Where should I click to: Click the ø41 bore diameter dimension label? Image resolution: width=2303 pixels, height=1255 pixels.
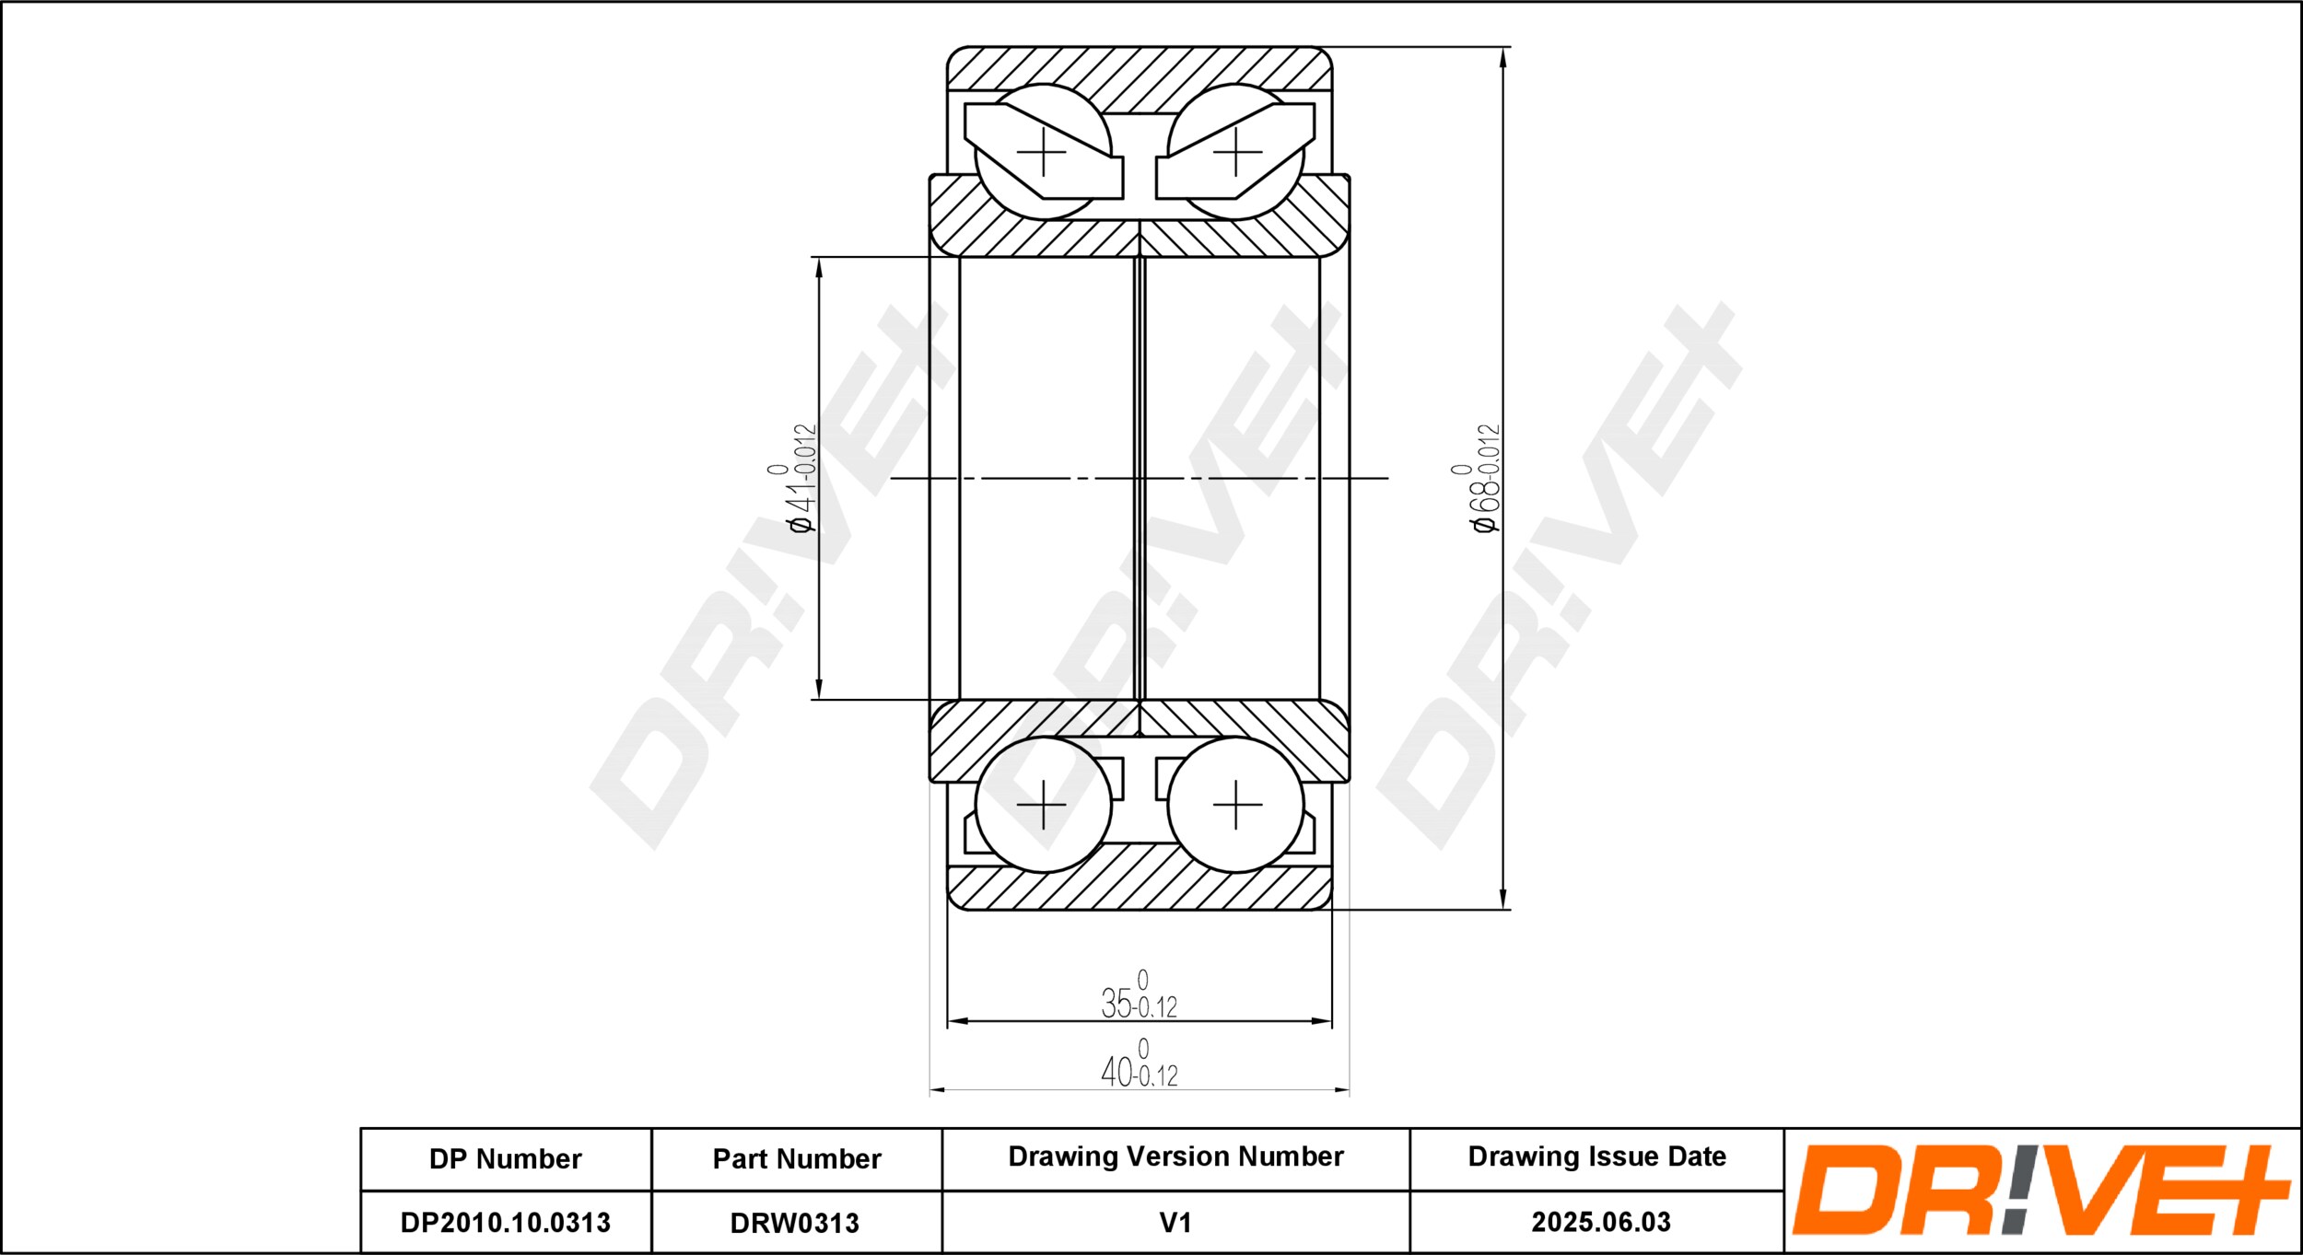[x=793, y=478]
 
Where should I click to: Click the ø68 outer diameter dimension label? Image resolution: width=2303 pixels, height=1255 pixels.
[x=1477, y=478]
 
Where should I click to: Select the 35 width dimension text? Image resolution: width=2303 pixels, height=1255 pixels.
[x=1140, y=995]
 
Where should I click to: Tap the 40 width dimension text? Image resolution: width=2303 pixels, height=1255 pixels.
[x=1140, y=1063]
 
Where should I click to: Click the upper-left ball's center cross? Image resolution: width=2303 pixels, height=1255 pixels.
[x=1043, y=152]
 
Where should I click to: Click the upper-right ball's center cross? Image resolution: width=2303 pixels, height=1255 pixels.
[x=1236, y=152]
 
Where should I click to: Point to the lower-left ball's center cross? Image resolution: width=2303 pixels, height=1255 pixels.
[x=1043, y=805]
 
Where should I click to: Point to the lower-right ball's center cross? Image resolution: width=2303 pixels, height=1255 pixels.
[x=1236, y=805]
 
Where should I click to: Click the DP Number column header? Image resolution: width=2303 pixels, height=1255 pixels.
[x=505, y=1158]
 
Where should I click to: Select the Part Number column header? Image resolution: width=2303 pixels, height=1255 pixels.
[x=797, y=1158]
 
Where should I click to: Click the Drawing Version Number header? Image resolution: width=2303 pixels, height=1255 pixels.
[x=1175, y=1156]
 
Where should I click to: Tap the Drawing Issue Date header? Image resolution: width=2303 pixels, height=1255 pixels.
[x=1596, y=1156]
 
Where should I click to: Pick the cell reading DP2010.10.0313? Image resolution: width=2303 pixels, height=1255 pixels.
[x=505, y=1223]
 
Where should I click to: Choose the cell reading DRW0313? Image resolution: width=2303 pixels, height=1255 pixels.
[x=794, y=1223]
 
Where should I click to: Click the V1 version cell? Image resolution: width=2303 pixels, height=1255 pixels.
[x=1175, y=1223]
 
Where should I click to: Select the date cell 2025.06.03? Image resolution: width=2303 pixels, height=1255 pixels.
[x=1601, y=1222]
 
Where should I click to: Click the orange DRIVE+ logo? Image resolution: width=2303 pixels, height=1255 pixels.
[x=2041, y=1190]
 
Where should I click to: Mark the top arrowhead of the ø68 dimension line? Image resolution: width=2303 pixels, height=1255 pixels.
[x=1503, y=56]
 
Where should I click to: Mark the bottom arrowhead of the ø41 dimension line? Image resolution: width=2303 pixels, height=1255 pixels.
[x=818, y=690]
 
